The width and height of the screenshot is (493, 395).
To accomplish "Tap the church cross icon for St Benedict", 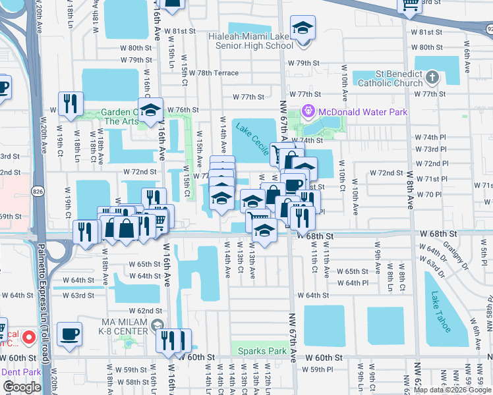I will click(432, 78).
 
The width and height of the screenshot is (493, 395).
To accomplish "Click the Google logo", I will click(22, 387).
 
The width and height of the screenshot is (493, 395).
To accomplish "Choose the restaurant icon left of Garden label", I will click(70, 104).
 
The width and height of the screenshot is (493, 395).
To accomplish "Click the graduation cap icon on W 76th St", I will click(151, 109).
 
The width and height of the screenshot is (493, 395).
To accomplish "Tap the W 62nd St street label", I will click(145, 310).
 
